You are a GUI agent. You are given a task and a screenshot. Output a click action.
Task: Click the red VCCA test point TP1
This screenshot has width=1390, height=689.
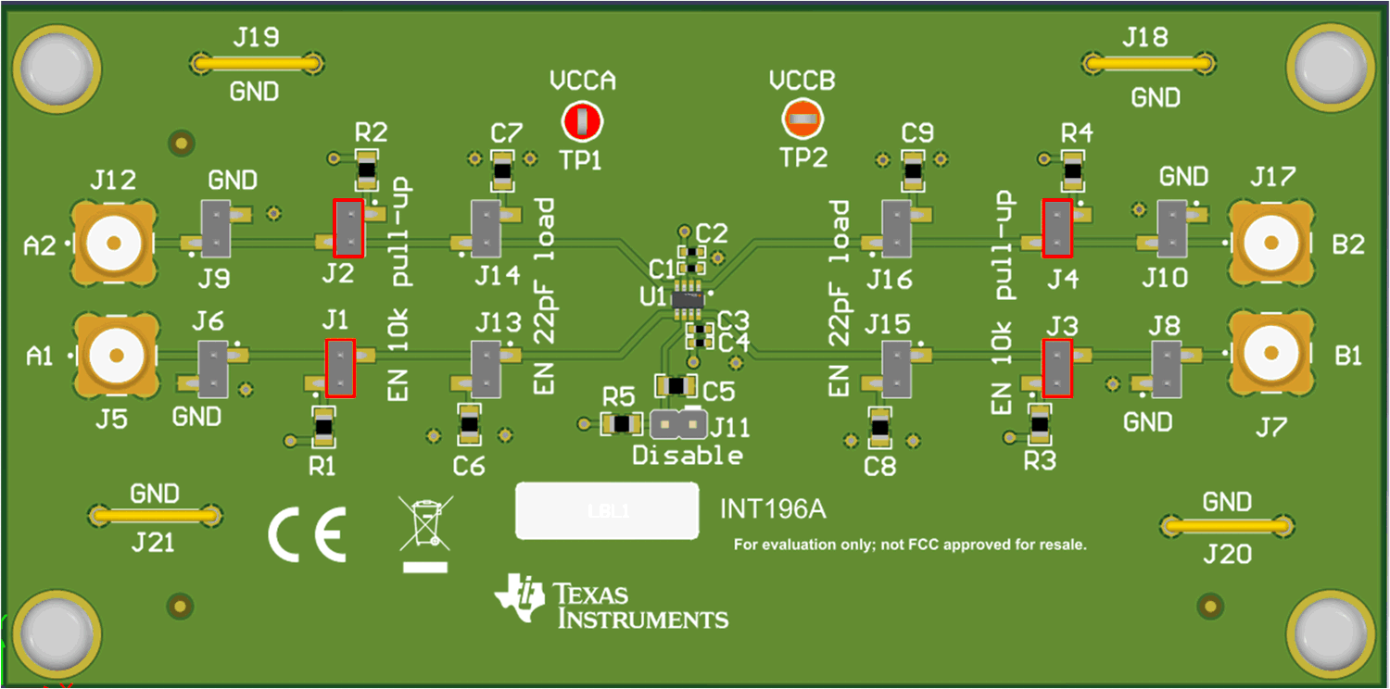(582, 121)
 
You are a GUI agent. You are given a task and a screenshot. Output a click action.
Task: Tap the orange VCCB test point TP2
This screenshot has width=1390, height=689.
(802, 119)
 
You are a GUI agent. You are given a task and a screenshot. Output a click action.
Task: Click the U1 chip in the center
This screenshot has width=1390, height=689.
(687, 298)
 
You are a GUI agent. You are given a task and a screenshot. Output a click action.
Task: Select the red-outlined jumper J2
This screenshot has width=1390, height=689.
(348, 228)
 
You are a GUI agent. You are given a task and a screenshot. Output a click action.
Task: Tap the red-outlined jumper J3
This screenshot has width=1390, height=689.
(1056, 368)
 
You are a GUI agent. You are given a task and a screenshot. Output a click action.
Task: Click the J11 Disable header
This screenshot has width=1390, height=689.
(676, 424)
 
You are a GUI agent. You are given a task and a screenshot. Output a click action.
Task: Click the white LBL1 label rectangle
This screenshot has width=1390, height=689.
(607, 510)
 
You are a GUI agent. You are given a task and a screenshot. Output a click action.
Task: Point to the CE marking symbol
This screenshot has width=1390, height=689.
(307, 535)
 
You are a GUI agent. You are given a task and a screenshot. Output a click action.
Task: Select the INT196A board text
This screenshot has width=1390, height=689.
(772, 509)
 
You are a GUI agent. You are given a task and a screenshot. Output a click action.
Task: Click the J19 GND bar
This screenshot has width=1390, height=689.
(257, 64)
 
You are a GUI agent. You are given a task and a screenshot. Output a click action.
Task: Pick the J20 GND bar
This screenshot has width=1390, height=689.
(1227, 526)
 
